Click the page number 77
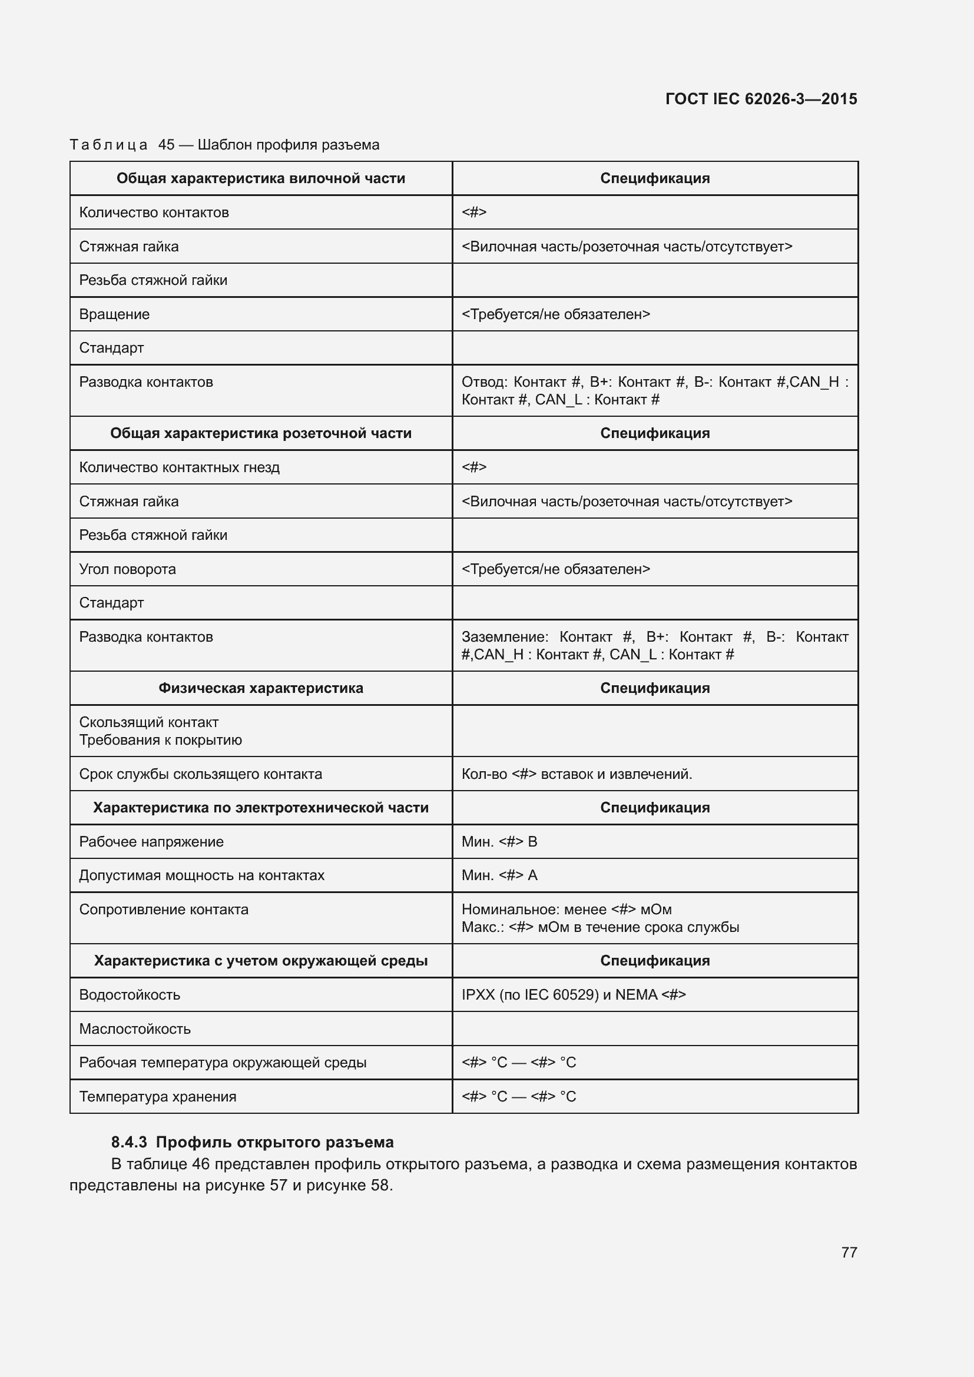[849, 1252]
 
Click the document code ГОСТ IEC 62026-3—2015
[760, 99]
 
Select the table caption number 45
[166, 145]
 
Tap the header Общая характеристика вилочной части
[260, 178]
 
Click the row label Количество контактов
[154, 213]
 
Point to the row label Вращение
[114, 314]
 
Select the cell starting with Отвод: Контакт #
[654, 390]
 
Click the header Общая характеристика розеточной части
[260, 433]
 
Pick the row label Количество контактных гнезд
[179, 467]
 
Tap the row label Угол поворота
[127, 569]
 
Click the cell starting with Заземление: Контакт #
[654, 645]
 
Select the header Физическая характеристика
[260, 688]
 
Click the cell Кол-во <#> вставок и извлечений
[577, 774]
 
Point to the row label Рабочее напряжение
[151, 841]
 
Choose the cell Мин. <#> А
[499, 875]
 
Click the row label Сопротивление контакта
[163, 909]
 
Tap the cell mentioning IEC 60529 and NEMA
[573, 994]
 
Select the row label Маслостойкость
[134, 1028]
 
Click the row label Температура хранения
[157, 1096]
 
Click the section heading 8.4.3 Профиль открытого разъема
[252, 1142]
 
